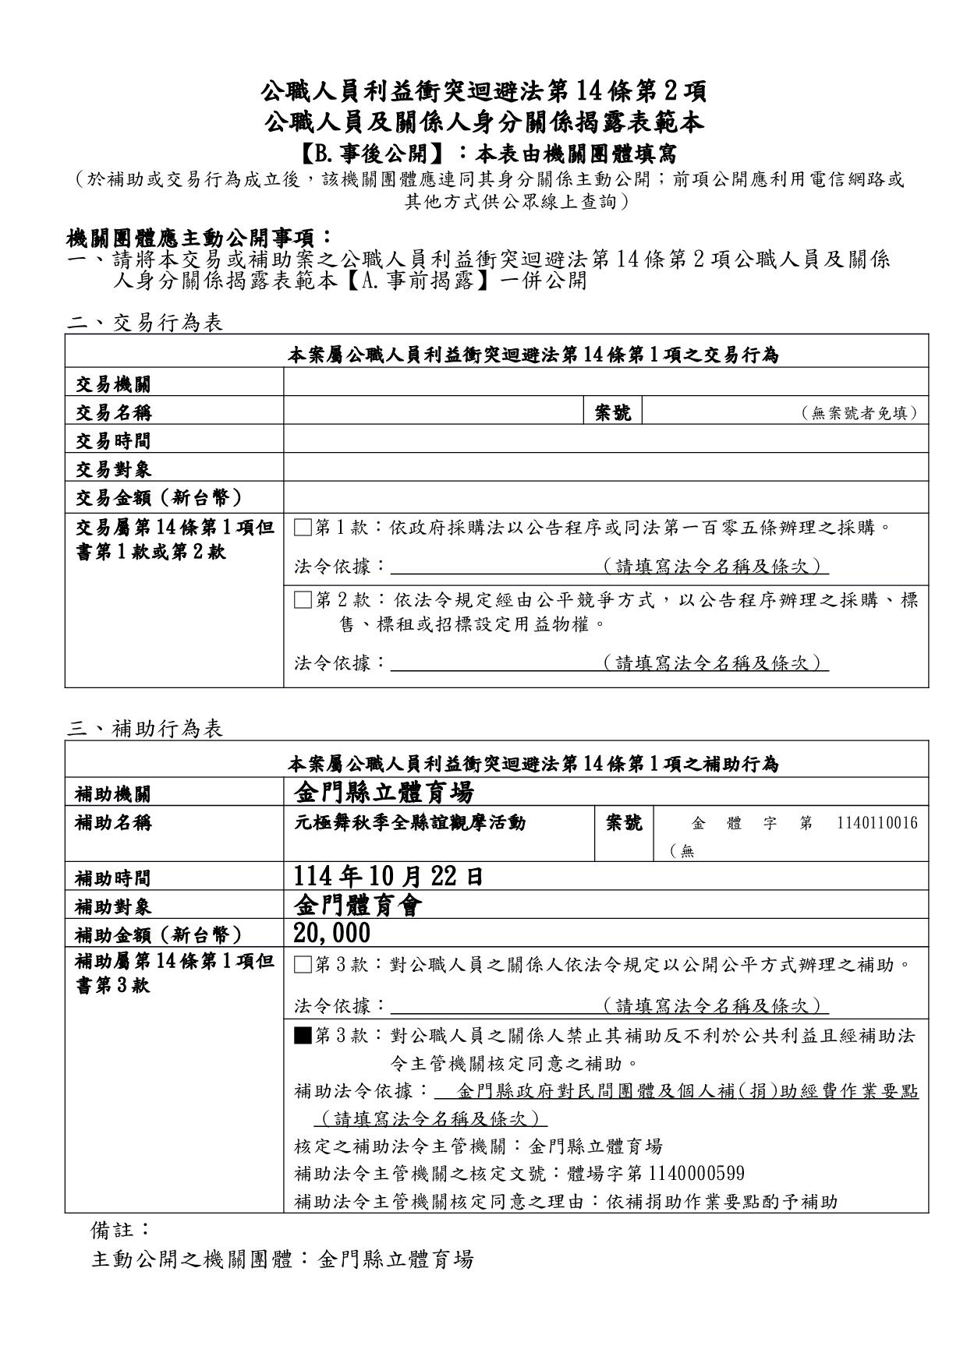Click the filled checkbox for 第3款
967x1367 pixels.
pyautogui.click(x=303, y=1037)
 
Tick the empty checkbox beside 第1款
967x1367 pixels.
pyautogui.click(x=303, y=528)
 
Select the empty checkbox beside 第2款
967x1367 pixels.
pyautogui.click(x=303, y=600)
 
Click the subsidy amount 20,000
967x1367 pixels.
pyautogui.click(x=332, y=933)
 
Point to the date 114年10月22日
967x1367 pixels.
pyautogui.click(x=388, y=877)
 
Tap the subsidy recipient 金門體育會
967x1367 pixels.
pyautogui.click(x=358, y=906)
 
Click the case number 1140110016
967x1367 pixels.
pyautogui.click(x=877, y=823)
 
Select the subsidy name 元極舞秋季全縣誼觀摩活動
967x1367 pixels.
pyautogui.click(x=409, y=823)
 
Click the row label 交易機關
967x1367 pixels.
pyautogui.click(x=113, y=384)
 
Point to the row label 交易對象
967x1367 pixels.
pyautogui.click(x=113, y=469)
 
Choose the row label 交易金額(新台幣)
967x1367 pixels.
pyautogui.click(x=159, y=497)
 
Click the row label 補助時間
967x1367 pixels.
pyautogui.click(x=113, y=878)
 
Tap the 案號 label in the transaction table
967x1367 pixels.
pyautogui.click(x=613, y=412)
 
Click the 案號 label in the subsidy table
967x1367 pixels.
pyautogui.click(x=624, y=823)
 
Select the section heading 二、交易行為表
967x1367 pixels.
pyautogui.click(x=145, y=323)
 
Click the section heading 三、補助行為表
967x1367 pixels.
pyautogui.click(x=145, y=729)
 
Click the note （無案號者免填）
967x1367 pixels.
pyautogui.click(x=859, y=413)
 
